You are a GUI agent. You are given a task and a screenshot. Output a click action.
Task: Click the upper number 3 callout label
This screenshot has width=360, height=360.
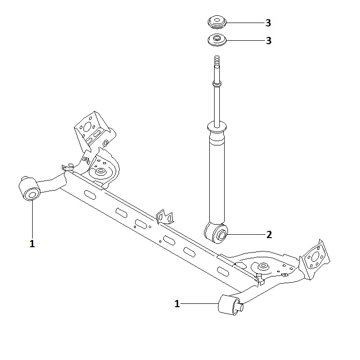coord(268,23)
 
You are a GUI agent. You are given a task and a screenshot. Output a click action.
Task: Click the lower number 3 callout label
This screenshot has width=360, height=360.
coord(269,41)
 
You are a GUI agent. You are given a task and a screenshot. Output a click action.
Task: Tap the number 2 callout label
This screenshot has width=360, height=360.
coord(269,235)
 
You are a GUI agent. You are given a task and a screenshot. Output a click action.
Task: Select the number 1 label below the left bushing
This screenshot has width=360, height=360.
coord(32,243)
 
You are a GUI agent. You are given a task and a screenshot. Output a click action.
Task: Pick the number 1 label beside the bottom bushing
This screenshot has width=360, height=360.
coord(177,304)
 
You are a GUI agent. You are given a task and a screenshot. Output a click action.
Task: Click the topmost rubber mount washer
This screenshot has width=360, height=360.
coord(217,22)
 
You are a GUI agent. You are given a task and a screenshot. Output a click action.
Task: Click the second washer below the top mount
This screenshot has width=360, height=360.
coord(217,40)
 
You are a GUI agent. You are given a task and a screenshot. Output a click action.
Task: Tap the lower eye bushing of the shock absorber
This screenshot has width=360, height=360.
coord(216,233)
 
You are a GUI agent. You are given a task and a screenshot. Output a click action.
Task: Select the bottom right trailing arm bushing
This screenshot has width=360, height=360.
coord(230,305)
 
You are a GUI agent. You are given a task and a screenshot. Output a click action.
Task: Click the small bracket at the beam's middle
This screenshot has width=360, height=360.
coord(165,216)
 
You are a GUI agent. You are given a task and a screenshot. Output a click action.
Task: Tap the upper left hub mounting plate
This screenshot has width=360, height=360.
coord(91,129)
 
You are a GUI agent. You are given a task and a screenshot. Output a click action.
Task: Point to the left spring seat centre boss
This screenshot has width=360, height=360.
coord(100,171)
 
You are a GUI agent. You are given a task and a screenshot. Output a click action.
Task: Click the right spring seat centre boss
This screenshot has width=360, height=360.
coord(263,266)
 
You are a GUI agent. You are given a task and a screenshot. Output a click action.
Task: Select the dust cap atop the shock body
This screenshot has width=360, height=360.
coord(217,127)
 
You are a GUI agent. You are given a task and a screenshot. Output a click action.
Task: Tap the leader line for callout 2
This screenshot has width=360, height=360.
coord(246,234)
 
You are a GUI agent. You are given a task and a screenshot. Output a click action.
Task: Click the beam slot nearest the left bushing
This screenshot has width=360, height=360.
coord(90,195)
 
